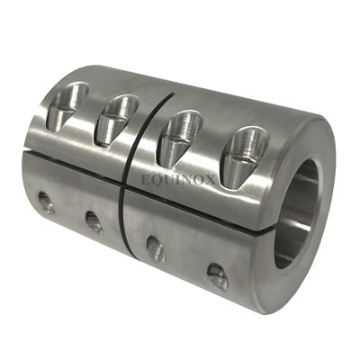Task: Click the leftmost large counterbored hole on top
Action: (70, 100)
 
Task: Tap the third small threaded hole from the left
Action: (154, 246)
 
